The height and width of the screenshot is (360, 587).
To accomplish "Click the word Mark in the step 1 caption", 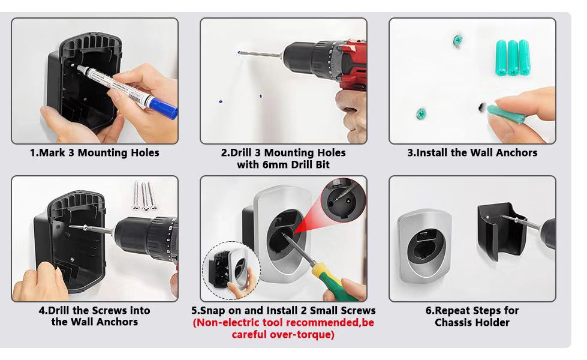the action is [52, 153].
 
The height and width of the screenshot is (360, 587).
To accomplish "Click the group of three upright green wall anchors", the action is [513, 58].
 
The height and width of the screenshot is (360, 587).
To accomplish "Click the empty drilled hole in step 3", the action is [481, 108].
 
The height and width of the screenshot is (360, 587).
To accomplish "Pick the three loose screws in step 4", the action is [145, 195].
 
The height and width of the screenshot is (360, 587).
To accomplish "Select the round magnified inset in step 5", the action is [343, 200].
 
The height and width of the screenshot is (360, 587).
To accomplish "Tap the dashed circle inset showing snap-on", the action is [231, 271].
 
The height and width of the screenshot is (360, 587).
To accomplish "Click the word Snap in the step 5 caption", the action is [214, 311].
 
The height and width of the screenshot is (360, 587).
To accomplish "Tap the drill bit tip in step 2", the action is [239, 52].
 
